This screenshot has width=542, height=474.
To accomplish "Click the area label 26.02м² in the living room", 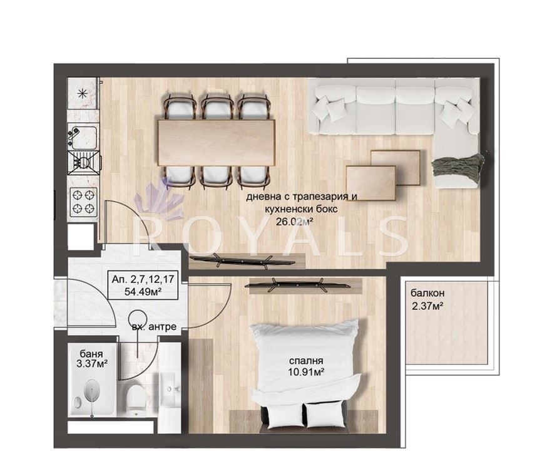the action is [x=294, y=222].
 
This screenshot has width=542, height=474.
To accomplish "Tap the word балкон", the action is [x=427, y=293].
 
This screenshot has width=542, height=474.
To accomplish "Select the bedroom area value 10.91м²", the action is [x=306, y=372].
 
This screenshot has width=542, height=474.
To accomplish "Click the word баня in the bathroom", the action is [x=91, y=354].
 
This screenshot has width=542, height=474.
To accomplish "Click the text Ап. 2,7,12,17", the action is [x=143, y=279].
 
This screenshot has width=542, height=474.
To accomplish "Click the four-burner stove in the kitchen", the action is [x=83, y=202].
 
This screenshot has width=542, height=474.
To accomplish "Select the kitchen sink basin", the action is [x=84, y=136].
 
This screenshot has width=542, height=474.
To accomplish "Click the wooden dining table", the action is [x=217, y=142].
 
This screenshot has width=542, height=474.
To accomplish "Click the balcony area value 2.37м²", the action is [x=428, y=306].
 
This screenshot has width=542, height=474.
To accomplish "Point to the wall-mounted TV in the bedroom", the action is [x=297, y=286].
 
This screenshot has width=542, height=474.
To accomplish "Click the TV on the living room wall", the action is [x=243, y=260].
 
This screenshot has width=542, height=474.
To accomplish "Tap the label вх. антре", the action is [x=154, y=326].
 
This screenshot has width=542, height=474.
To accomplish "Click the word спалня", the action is [x=306, y=361].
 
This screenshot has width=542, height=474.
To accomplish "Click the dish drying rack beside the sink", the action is [x=84, y=162].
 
